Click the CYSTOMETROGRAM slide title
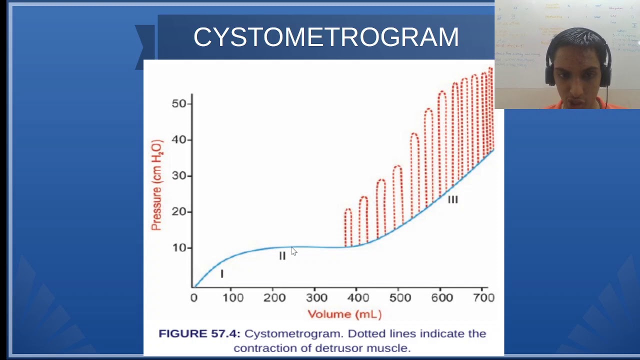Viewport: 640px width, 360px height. pos(326,37)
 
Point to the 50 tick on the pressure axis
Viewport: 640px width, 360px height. pos(179,103)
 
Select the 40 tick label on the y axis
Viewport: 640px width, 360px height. pos(179,139)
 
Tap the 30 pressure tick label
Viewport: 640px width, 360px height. pos(179,176)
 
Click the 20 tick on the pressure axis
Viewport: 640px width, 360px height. pos(179,212)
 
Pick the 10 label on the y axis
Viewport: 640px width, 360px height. pos(179,248)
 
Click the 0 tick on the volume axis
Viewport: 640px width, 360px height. pos(194,298)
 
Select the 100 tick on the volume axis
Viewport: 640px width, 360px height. pos(233,298)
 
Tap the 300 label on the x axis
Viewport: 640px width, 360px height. pos(316,298)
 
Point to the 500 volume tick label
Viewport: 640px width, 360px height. pos(400,298)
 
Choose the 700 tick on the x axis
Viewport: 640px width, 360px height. pos(483,298)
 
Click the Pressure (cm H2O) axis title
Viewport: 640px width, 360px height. pos(156,185)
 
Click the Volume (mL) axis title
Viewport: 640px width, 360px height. pos(344,314)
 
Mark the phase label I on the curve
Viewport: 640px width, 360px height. pos(222,274)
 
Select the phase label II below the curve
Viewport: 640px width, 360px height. pos(282,256)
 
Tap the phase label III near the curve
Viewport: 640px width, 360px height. pos(452,200)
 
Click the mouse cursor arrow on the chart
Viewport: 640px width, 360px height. pos(294,251)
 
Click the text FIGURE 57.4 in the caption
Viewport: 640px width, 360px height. pos(199,333)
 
